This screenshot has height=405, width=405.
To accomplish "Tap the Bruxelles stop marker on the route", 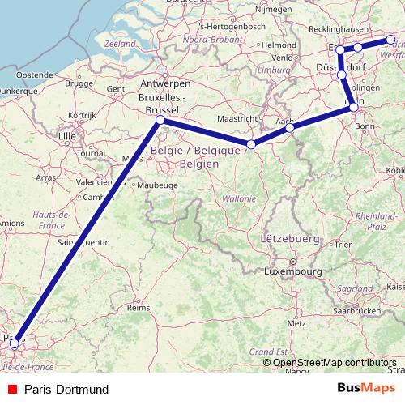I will pos(160,120).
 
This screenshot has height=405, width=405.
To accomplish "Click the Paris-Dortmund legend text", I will pos(66,390).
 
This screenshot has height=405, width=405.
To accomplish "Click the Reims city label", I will pos(139,308).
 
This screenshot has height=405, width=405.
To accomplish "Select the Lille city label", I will pos(66,137).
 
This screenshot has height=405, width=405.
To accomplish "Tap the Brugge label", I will pos(79,83).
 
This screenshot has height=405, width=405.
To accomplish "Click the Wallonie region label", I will pos(239,198).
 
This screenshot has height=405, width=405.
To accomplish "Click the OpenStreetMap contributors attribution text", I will pos(334,362).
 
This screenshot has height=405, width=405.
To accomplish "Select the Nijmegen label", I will pos(274,10).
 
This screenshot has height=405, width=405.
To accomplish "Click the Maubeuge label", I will pos(160,185).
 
